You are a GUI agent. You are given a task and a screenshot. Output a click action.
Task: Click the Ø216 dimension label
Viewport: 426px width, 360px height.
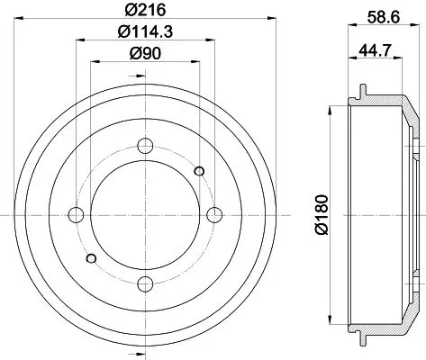pos(140,10)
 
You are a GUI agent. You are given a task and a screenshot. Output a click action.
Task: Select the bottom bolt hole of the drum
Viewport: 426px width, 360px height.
pos(143,284)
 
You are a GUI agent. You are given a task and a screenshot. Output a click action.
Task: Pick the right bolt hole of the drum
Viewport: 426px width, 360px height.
pos(213,213)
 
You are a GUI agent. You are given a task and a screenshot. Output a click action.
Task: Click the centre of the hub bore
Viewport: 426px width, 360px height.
pos(143,213)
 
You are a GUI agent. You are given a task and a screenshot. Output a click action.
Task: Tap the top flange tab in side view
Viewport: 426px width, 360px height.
pos(364,91)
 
